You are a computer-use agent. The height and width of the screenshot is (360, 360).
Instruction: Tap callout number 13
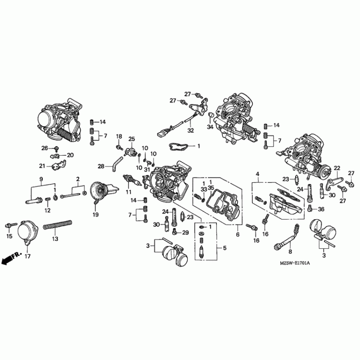tap(55, 239)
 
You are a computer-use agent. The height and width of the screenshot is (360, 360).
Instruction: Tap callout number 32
tap(190, 131)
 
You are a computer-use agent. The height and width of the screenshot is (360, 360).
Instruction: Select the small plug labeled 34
tap(210, 119)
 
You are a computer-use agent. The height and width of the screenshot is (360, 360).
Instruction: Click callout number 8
tap(290, 252)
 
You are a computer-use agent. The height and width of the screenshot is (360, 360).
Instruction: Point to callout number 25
tap(132, 139)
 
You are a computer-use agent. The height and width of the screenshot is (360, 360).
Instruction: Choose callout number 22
tap(336, 168)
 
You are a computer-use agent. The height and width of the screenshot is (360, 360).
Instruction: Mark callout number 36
tap(321, 209)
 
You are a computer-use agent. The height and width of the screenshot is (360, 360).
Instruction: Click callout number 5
tap(219, 248)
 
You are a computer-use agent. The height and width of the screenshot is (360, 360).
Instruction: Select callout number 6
tap(238, 234)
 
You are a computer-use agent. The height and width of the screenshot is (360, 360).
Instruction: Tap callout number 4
tap(257, 174)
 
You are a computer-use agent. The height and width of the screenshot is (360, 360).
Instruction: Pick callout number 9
tap(41, 179)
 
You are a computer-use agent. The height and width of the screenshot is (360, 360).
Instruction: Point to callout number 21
tap(42, 165)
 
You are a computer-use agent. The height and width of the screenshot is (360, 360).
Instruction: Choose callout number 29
tap(185, 232)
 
